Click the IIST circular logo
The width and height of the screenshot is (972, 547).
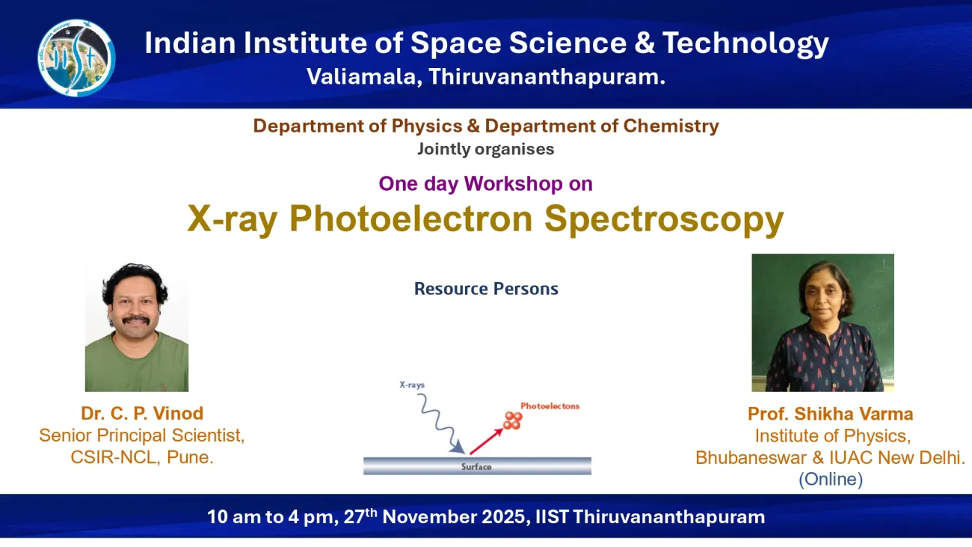(x=76, y=58)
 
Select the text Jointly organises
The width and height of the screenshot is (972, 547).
(x=485, y=148)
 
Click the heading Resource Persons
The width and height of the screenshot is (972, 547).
(x=486, y=289)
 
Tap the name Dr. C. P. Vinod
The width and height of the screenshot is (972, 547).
(x=142, y=414)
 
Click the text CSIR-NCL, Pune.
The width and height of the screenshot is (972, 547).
(x=142, y=457)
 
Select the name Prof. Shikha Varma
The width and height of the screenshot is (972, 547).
(x=830, y=414)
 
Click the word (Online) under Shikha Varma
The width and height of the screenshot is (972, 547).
(x=830, y=479)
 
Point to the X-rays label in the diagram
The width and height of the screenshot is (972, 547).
(x=411, y=385)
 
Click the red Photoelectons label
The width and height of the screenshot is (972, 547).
(x=550, y=406)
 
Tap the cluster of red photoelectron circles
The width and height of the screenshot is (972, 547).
(x=512, y=421)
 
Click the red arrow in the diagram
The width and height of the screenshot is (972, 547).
(x=486, y=440)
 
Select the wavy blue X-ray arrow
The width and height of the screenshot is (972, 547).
(x=437, y=423)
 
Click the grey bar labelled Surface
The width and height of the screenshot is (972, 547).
(x=477, y=466)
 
